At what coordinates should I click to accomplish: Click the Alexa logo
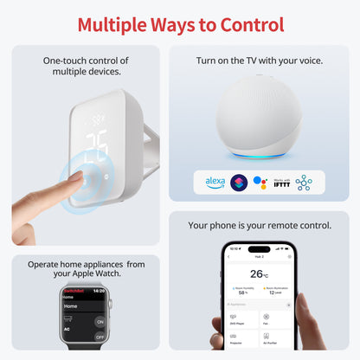[x=215, y=183]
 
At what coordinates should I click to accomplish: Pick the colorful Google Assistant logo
[x=260, y=183]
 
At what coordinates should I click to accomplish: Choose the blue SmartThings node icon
[x=303, y=183]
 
